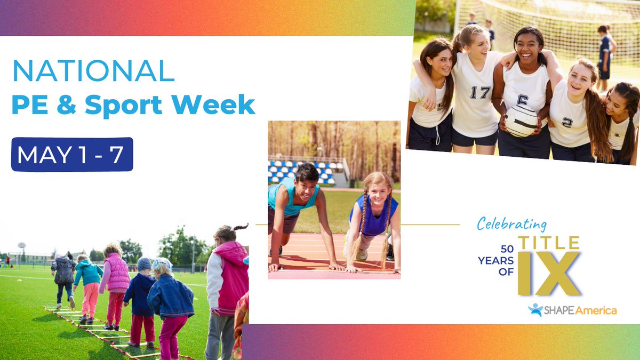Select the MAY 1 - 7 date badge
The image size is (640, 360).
point(72,154)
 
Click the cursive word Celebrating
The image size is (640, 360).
point(511,223)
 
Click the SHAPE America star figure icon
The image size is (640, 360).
point(535,310)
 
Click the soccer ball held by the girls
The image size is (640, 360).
point(521,120)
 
